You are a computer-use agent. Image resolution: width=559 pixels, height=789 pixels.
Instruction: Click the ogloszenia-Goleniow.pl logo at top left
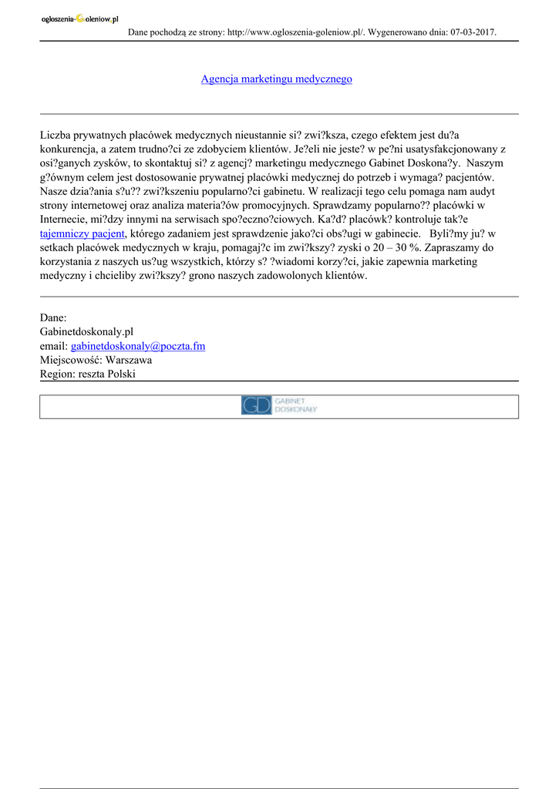coord(80,19)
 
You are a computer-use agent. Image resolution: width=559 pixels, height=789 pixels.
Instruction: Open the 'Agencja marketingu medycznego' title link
coord(276,79)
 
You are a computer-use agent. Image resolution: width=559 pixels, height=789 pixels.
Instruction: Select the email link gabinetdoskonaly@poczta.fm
coord(138,346)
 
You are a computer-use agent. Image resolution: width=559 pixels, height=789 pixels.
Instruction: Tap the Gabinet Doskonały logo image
coord(279,405)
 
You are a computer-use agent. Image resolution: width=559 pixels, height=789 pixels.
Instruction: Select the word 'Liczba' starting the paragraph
coord(55,136)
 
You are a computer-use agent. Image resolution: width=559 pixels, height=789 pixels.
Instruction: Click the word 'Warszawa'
coord(129,360)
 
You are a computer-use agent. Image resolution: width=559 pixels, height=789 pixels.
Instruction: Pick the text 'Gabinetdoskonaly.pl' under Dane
coord(86,332)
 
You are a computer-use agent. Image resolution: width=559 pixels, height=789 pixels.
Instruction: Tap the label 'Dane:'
coord(53,318)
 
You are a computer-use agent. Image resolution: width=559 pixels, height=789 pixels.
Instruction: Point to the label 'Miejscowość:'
coord(72,360)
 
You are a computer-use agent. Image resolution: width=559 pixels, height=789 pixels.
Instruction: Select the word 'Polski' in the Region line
coord(122,374)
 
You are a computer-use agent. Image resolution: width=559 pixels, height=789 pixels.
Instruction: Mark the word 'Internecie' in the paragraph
coord(65,220)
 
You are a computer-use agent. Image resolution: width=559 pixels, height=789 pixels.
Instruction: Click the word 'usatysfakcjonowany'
coord(433,150)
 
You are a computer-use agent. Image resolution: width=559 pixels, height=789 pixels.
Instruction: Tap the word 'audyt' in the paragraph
coord(481,192)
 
